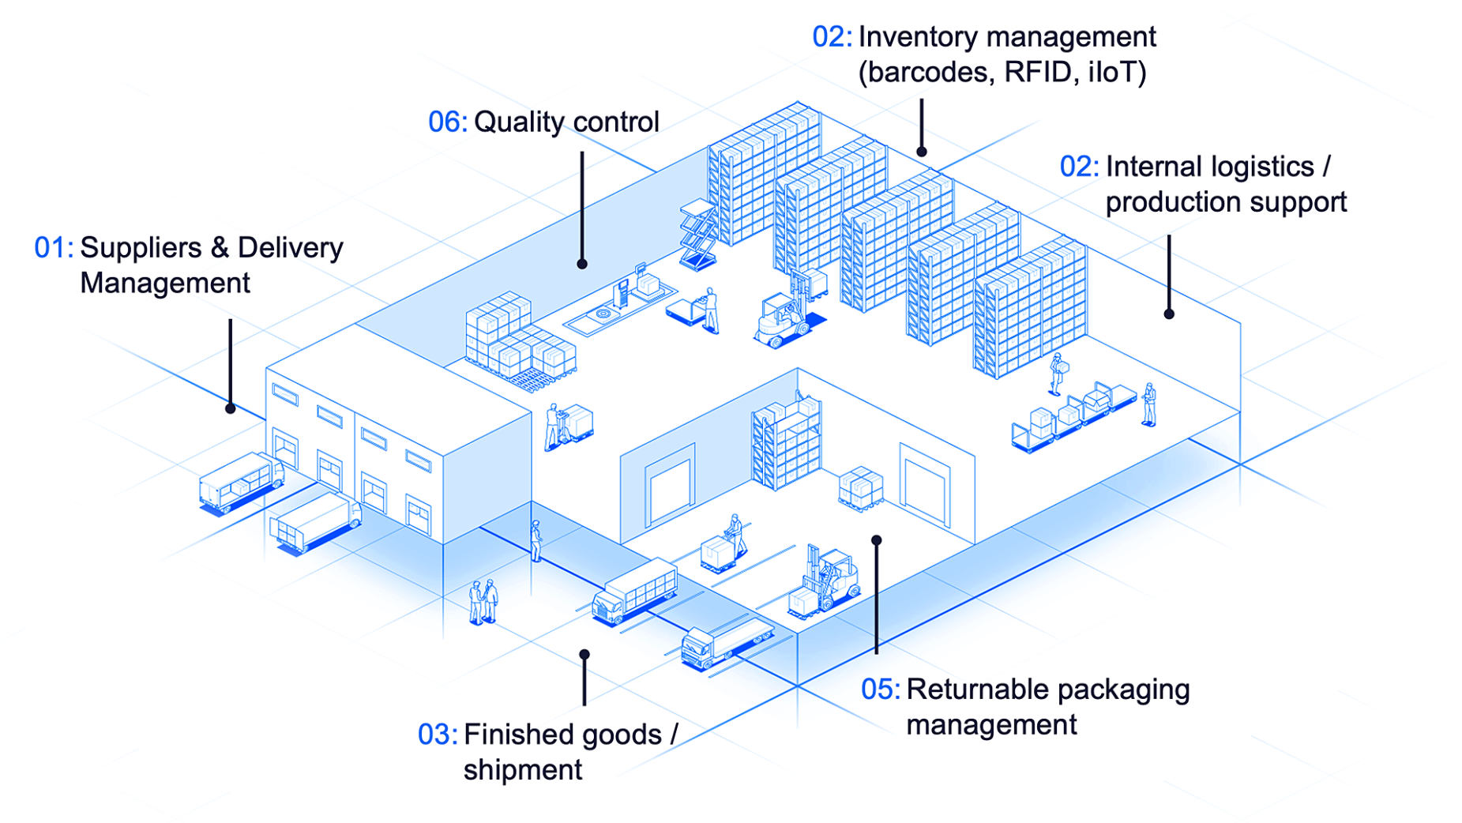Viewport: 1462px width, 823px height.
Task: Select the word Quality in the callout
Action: pyautogui.click(x=519, y=122)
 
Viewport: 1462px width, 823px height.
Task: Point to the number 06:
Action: pyautogui.click(x=447, y=122)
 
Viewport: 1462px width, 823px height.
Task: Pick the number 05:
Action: pyautogui.click(x=880, y=690)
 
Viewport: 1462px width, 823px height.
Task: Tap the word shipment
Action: pyautogui.click(x=522, y=770)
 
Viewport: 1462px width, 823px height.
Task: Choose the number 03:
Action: pyautogui.click(x=437, y=735)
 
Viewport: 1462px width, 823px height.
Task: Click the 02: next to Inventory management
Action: pyautogui.click(x=832, y=37)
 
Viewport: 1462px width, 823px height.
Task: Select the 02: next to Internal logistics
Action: pyautogui.click(x=1079, y=167)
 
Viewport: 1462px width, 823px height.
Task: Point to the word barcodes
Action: pyautogui.click(x=927, y=73)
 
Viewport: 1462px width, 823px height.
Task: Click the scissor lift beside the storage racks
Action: pyautogui.click(x=697, y=234)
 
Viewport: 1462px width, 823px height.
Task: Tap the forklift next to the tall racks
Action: pyautogui.click(x=784, y=316)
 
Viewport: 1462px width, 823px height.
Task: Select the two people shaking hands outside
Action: pyautogui.click(x=483, y=602)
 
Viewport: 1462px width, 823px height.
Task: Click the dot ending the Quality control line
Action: pyautogui.click(x=582, y=264)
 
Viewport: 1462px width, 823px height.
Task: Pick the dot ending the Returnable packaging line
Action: pyautogui.click(x=877, y=540)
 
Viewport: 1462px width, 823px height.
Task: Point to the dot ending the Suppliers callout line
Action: pyautogui.click(x=230, y=408)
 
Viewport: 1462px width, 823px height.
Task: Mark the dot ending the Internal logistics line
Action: pyautogui.click(x=1169, y=314)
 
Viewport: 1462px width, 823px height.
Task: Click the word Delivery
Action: pyautogui.click(x=290, y=248)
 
